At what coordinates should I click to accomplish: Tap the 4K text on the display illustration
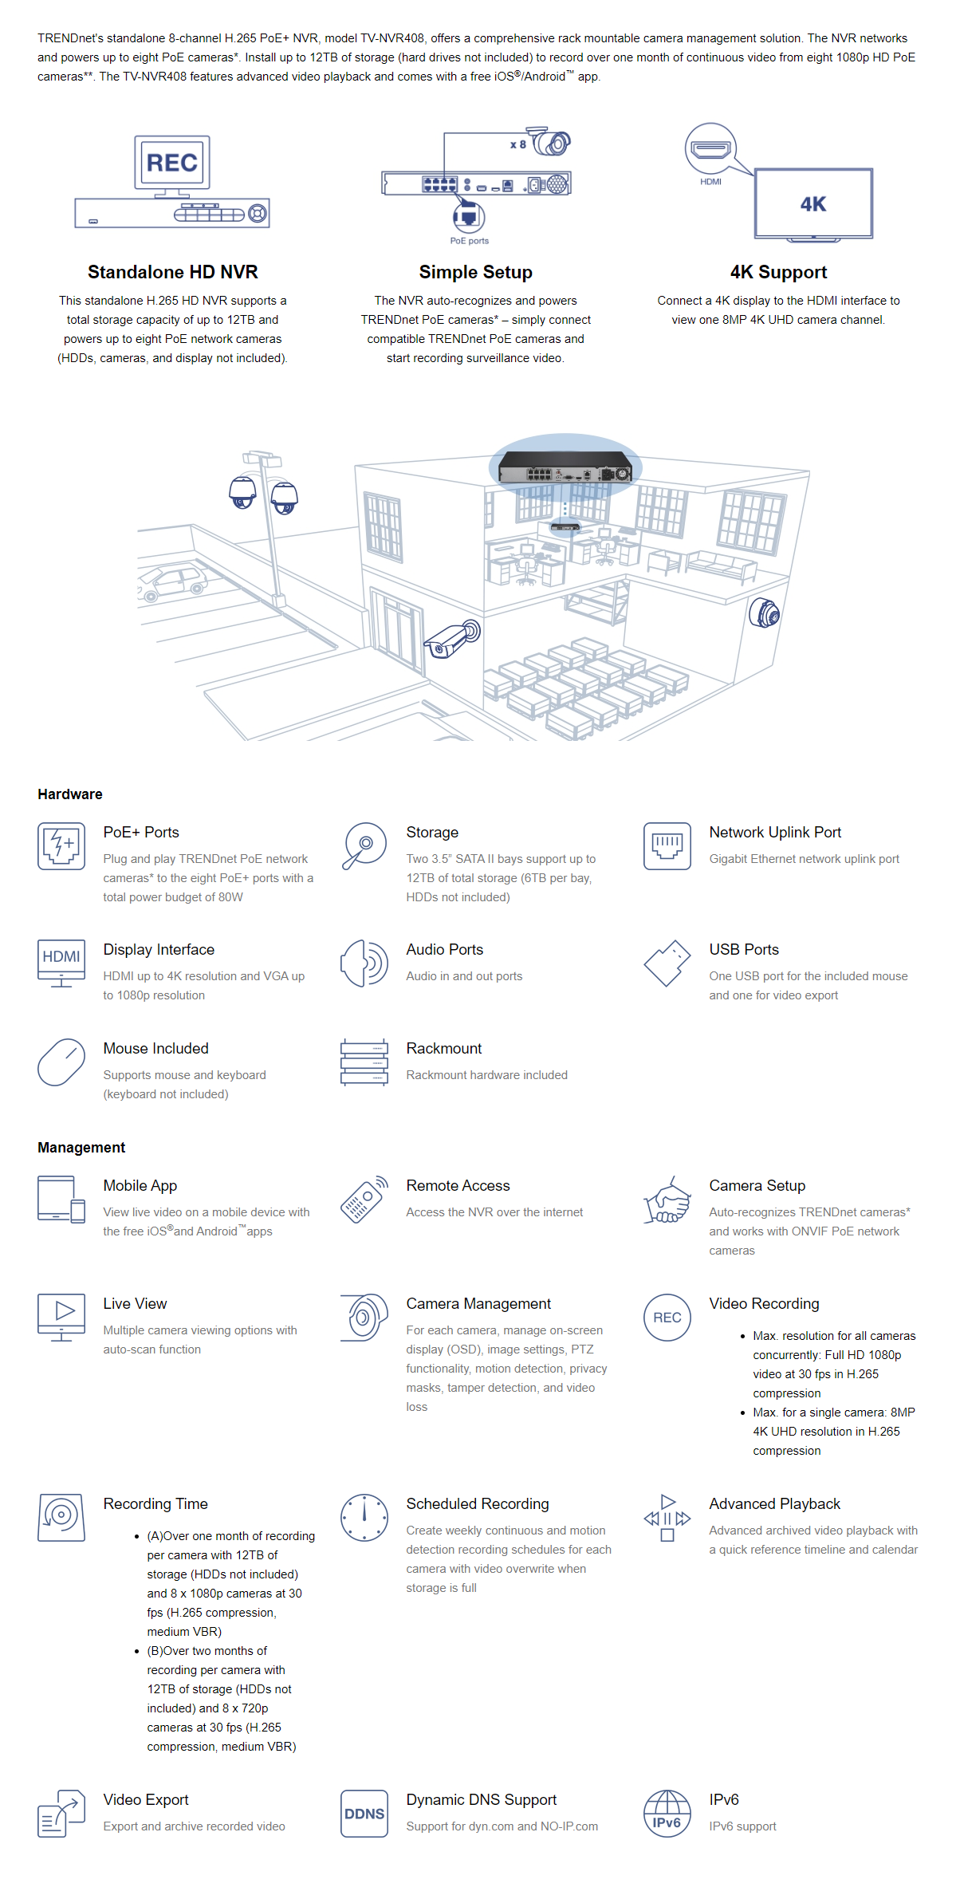pyautogui.click(x=813, y=204)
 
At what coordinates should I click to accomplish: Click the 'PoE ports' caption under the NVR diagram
pyautogui.click(x=470, y=241)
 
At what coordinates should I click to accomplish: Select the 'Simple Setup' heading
pyautogui.click(x=476, y=272)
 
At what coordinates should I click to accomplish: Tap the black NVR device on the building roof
pyautogui.click(x=565, y=467)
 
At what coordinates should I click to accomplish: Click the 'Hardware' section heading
pyautogui.click(x=70, y=794)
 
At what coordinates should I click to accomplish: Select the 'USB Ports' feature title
pyautogui.click(x=744, y=950)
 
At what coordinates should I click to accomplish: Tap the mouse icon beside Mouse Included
pyautogui.click(x=61, y=1062)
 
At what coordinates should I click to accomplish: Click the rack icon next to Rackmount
pyautogui.click(x=364, y=1062)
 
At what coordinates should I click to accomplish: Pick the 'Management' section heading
pyautogui.click(x=81, y=1148)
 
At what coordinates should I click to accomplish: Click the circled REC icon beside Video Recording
pyautogui.click(x=667, y=1318)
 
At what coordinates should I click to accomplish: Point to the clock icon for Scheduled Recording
pyautogui.click(x=364, y=1518)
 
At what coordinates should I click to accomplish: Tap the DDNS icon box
pyautogui.click(x=364, y=1814)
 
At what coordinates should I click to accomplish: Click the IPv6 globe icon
pyautogui.click(x=667, y=1814)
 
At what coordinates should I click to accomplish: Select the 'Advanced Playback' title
pyautogui.click(x=775, y=1504)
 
